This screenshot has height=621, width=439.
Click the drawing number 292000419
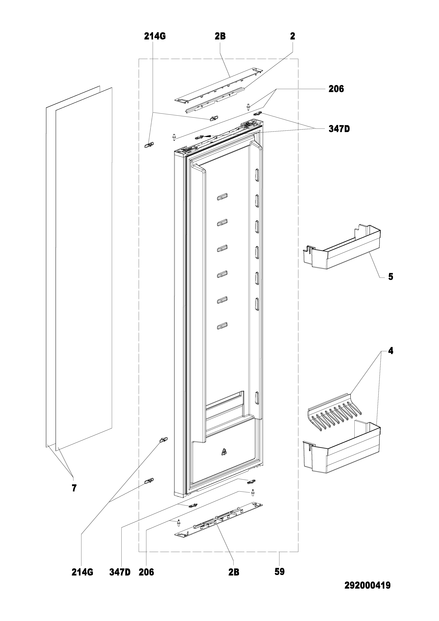[x=367, y=591]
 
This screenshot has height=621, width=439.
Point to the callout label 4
[x=391, y=351]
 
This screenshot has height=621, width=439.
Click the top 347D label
[x=339, y=129]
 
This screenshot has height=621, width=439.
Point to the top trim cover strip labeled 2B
[x=218, y=85]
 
